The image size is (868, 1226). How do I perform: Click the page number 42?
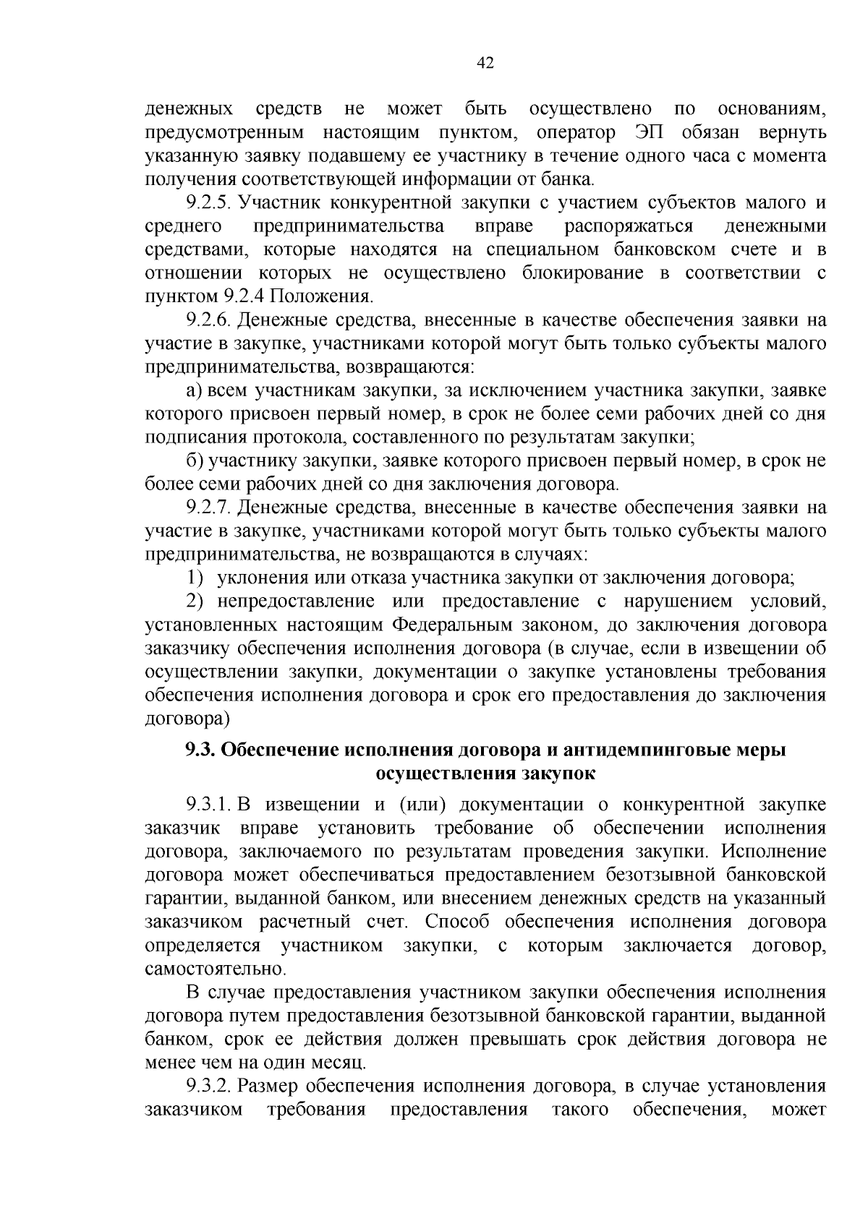[485, 64]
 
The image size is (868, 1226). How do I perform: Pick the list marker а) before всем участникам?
[194, 390]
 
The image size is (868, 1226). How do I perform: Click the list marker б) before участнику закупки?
[194, 460]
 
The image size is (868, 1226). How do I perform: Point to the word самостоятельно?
[215, 969]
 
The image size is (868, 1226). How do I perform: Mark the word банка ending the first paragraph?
[571, 179]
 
